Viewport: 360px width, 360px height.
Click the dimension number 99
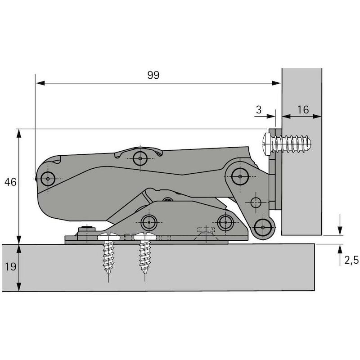(153, 75)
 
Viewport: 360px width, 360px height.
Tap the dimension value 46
(10, 182)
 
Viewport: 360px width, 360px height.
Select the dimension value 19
(10, 266)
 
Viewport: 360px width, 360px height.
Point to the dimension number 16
(303, 109)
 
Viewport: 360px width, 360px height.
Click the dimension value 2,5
(351, 260)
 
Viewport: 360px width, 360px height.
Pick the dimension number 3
(259, 109)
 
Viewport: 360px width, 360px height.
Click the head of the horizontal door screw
(267, 144)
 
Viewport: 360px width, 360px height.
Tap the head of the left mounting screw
(108, 236)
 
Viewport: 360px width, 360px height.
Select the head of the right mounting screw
(145, 236)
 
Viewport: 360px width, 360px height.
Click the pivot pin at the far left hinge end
(48, 179)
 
